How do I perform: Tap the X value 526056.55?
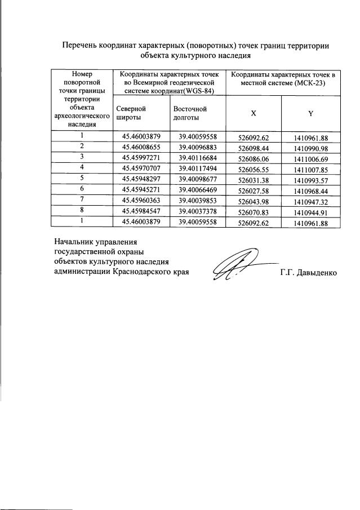coord(254,168)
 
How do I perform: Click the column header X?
coord(254,113)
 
